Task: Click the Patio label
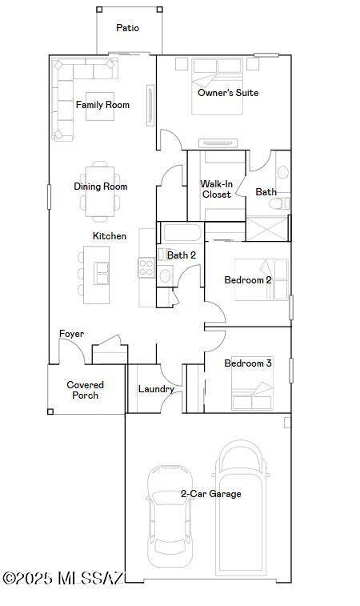[127, 28]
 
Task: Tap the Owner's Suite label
[228, 93]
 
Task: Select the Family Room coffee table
[100, 106]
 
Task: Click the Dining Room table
[100, 191]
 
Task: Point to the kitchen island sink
[102, 273]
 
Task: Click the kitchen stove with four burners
[146, 267]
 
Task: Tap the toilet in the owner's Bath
[279, 203]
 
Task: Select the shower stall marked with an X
[267, 229]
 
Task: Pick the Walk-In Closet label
[216, 189]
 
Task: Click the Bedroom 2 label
[248, 280]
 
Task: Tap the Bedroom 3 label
[248, 363]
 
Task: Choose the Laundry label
[156, 389]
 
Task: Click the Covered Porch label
[86, 390]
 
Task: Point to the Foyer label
[71, 334]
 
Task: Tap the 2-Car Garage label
[211, 494]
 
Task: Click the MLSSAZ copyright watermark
[63, 578]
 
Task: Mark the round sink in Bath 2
[166, 276]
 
